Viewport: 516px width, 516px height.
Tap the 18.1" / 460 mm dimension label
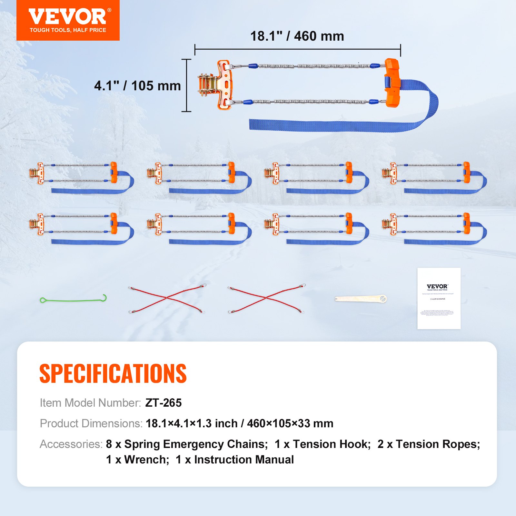click(297, 36)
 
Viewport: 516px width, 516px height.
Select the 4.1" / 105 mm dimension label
click(137, 86)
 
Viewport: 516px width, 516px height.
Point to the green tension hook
click(73, 299)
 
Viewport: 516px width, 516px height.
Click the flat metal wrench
click(361, 299)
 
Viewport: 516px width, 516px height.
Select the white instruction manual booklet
click(439, 298)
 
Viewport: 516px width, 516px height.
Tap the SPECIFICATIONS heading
click(113, 373)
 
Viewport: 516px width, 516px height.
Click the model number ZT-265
click(164, 403)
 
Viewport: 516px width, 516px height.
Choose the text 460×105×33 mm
click(290, 423)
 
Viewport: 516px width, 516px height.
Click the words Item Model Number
click(90, 403)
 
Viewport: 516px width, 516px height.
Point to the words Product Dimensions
click(91, 423)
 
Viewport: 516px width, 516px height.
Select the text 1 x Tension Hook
click(322, 444)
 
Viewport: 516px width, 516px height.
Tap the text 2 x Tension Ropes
click(429, 444)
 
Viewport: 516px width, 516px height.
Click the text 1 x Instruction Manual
click(235, 460)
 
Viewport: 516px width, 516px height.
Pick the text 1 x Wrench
click(137, 460)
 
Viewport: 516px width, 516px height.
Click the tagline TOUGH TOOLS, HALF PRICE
click(68, 30)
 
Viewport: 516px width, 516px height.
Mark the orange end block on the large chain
click(392, 83)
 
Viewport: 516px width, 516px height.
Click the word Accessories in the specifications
click(71, 444)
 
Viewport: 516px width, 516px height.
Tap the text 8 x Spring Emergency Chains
click(187, 444)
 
